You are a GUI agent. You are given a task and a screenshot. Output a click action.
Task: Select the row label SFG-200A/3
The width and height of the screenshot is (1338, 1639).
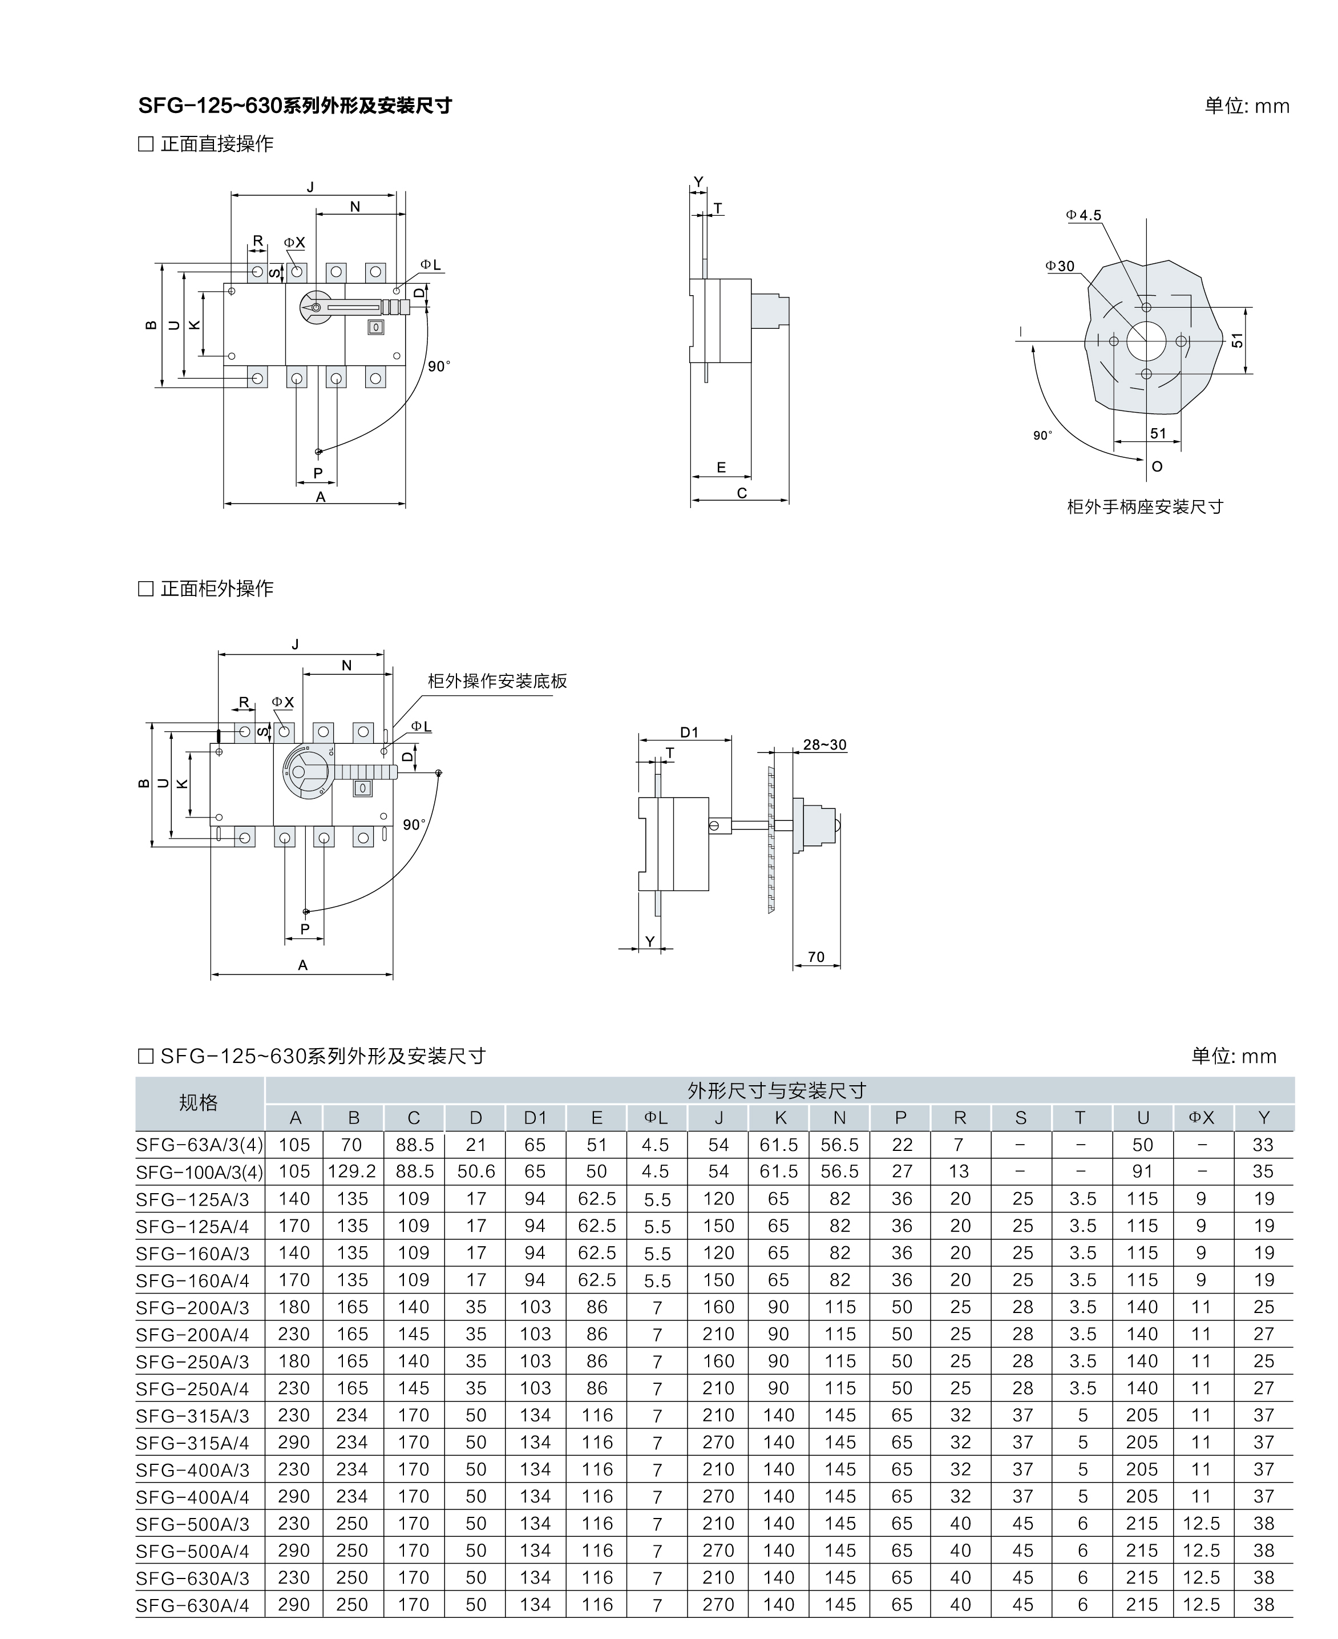[193, 1307]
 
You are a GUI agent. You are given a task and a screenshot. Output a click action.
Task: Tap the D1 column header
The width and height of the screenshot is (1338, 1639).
[535, 1118]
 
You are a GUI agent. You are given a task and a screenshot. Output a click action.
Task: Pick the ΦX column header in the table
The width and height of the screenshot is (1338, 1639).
[1201, 1118]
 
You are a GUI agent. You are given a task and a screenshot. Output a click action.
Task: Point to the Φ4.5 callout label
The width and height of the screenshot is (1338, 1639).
[1084, 216]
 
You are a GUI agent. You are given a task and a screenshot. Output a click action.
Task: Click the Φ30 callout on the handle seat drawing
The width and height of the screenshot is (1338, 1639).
[1060, 266]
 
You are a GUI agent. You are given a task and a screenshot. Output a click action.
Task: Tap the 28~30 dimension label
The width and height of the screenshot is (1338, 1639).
[824, 745]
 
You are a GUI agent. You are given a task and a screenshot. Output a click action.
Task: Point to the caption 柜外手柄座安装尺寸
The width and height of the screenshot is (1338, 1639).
[1145, 506]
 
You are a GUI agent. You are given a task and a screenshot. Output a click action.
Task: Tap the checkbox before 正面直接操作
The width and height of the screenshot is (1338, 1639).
[145, 144]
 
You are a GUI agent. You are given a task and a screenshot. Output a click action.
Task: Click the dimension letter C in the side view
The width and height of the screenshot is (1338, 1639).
[741, 493]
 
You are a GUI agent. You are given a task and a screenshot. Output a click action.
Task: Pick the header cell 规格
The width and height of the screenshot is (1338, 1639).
[199, 1103]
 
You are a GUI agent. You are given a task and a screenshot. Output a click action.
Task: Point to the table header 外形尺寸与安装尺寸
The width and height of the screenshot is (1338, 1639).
[777, 1090]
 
